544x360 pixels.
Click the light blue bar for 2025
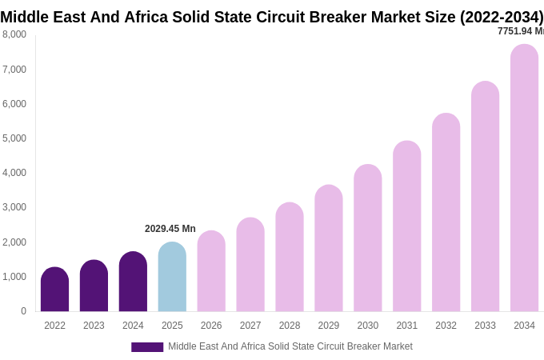pos(172,277)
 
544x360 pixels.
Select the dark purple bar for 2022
pos(54,290)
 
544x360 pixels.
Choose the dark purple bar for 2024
pos(133,282)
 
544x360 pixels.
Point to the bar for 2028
pos(290,257)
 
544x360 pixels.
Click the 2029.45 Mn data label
pos(170,229)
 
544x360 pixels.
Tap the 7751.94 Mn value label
pos(520,31)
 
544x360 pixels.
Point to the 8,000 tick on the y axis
pos(14,34)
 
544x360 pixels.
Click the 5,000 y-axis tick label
pos(14,138)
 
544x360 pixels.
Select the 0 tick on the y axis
pos(23,311)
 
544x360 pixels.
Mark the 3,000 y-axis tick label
pos(14,207)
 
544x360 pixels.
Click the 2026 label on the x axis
pos(211,326)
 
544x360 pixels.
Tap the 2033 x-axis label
pos(485,326)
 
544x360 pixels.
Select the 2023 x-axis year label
pos(94,326)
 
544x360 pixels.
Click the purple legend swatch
pos(147,347)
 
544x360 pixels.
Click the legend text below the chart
pos(290,346)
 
